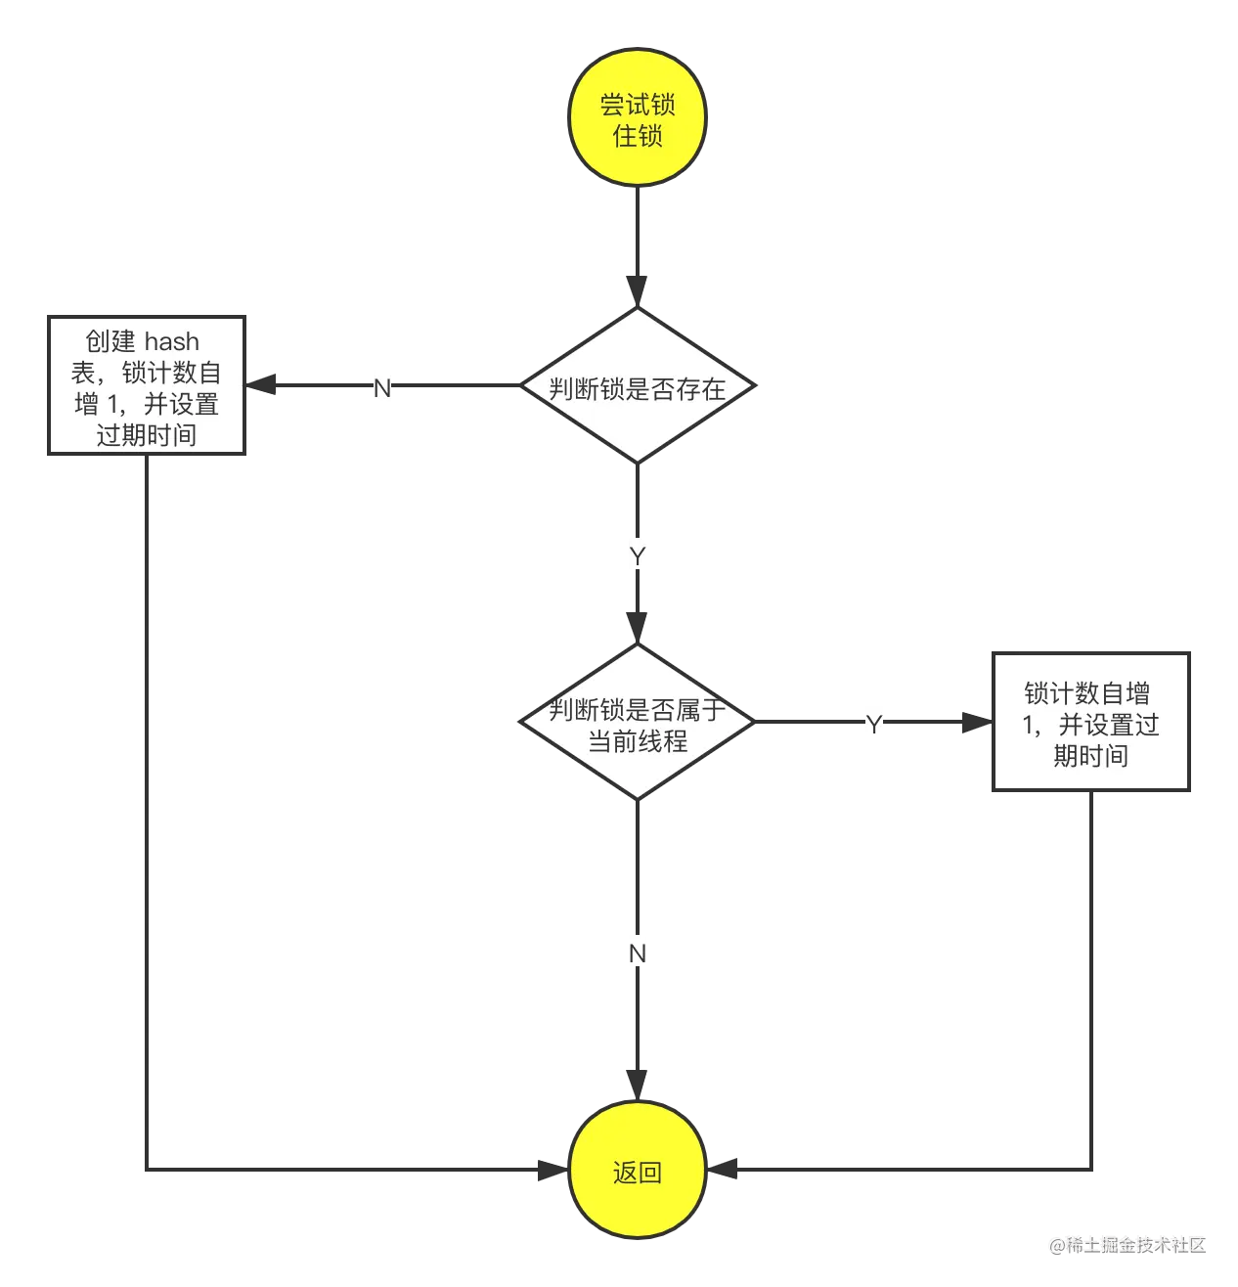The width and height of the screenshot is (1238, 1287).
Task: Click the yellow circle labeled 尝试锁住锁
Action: tap(637, 118)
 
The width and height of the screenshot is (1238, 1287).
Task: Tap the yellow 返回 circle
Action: tap(637, 1171)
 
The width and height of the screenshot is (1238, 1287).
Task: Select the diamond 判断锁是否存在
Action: tap(637, 387)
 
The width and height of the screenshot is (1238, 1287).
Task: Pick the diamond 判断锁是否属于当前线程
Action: tap(637, 724)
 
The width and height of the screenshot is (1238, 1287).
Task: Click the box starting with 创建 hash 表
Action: tap(147, 387)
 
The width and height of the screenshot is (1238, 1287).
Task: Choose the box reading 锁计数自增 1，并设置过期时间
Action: tap(1090, 724)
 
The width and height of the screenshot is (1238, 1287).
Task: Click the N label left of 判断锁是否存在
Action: tap(380, 388)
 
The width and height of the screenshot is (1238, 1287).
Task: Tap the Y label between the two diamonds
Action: tap(638, 556)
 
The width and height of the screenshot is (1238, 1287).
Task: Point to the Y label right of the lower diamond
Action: tap(872, 725)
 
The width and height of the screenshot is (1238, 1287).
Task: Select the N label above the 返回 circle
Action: tap(638, 954)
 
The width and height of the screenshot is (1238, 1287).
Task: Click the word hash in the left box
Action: tap(172, 341)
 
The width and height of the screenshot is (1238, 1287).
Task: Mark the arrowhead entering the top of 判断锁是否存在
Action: tap(637, 289)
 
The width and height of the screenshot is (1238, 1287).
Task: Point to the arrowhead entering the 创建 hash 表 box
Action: tap(268, 384)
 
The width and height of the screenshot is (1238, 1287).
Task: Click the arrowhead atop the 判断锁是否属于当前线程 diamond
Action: tap(637, 624)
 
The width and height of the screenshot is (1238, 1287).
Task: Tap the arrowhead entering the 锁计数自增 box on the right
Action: tap(975, 724)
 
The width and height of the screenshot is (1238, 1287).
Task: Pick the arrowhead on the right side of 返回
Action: tap(728, 1169)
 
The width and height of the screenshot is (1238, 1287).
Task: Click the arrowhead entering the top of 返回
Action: tap(637, 1082)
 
